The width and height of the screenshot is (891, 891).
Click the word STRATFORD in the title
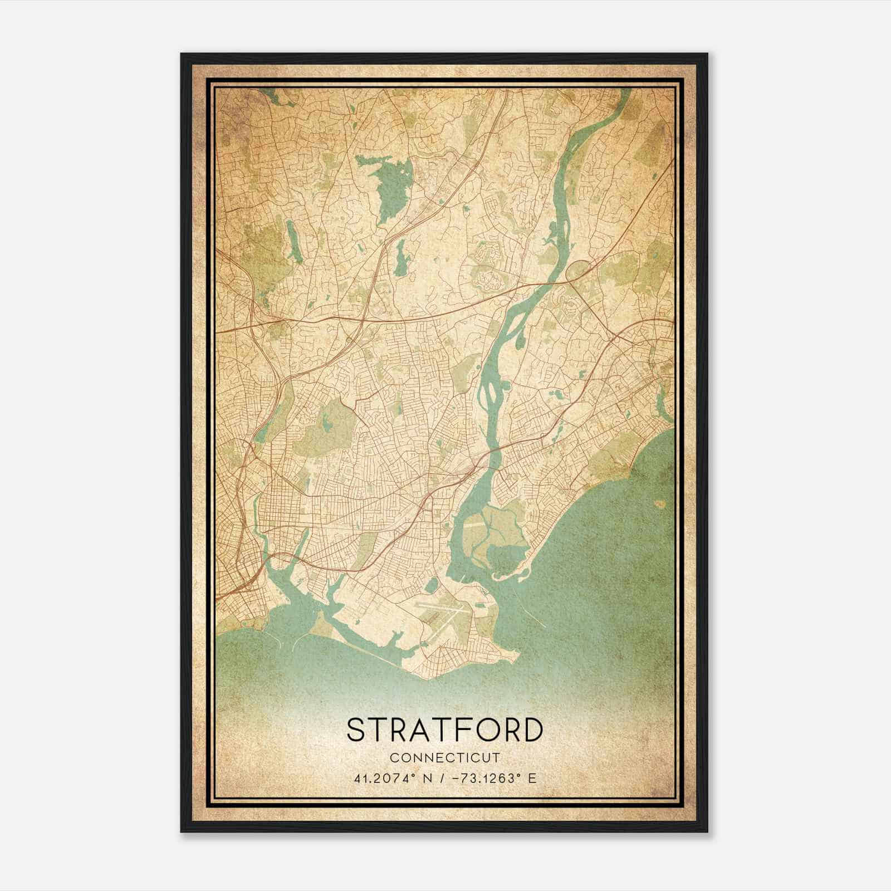point(444,730)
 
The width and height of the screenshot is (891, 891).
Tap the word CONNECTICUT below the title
point(444,757)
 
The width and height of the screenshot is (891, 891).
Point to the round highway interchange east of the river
point(576,271)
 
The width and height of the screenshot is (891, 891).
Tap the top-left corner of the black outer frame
point(182,55)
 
